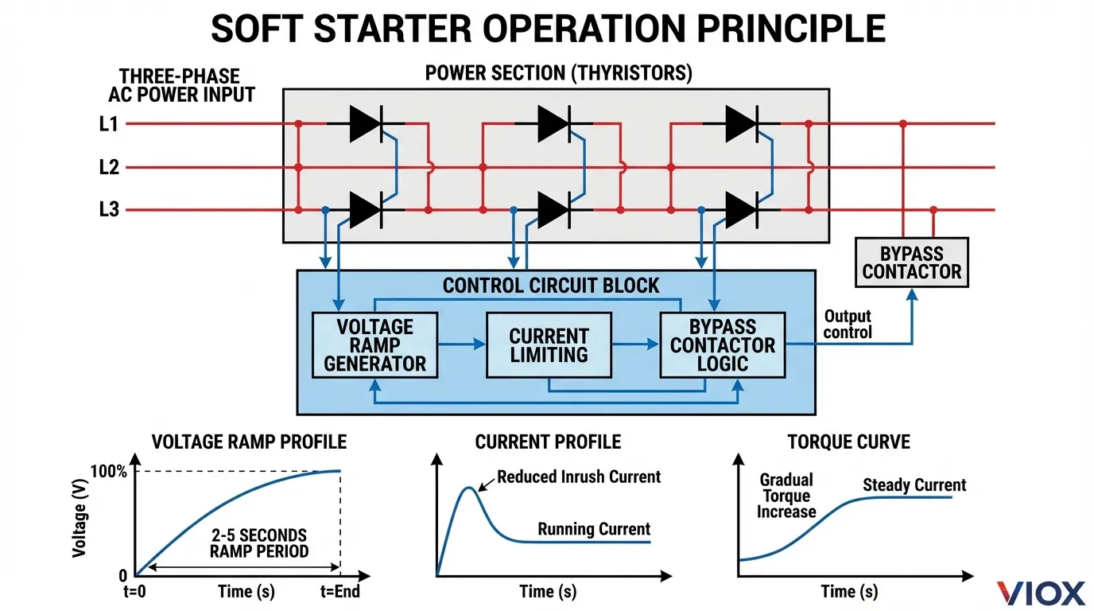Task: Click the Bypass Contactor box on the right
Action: (x=911, y=263)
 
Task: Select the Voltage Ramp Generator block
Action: (x=374, y=345)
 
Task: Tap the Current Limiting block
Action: (x=549, y=345)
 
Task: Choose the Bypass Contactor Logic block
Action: (x=722, y=345)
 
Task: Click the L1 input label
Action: (x=109, y=124)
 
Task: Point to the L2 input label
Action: (x=109, y=168)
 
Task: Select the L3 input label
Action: (x=109, y=211)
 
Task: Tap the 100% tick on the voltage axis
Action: (x=108, y=471)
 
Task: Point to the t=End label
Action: (x=339, y=592)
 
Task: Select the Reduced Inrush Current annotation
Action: (x=579, y=477)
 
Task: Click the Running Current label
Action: (x=594, y=529)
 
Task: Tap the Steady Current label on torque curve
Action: (x=914, y=485)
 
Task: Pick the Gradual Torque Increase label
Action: (x=786, y=496)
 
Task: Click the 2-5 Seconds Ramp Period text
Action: (x=258, y=543)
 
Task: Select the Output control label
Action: (x=848, y=325)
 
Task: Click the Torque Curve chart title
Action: (x=849, y=442)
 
